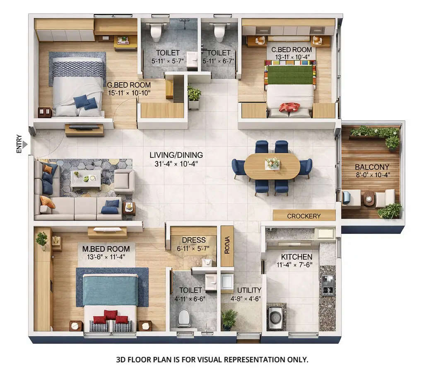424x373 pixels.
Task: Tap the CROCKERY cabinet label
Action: [304, 216]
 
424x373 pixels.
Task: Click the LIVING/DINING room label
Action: [176, 155]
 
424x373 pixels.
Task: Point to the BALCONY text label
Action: [371, 167]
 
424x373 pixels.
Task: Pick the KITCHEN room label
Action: [296, 257]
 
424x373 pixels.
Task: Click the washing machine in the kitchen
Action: [275, 318]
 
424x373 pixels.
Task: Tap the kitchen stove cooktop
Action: [328, 285]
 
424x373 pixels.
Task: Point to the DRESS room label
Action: [194, 240]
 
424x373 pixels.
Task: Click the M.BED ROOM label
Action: [106, 249]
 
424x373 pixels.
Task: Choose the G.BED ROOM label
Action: [128, 85]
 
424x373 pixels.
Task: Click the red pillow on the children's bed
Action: [289, 107]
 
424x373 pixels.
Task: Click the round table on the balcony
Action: [369, 198]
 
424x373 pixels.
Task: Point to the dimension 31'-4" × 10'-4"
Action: [176, 163]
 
